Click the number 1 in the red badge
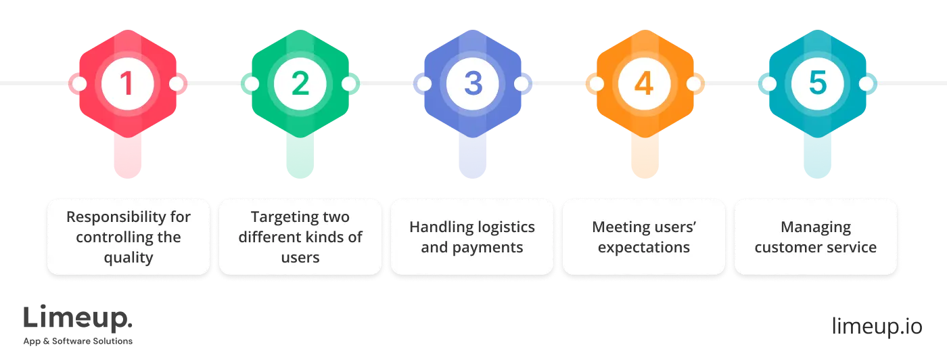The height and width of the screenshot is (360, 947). pyautogui.click(x=127, y=84)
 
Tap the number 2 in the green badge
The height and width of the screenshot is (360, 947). pyautogui.click(x=300, y=84)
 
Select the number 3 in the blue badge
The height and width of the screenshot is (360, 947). pyautogui.click(x=472, y=84)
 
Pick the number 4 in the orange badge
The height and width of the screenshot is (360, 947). pyautogui.click(x=644, y=84)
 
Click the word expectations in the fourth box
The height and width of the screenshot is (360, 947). pyautogui.click(x=644, y=247)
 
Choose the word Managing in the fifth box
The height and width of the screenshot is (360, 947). pyautogui.click(x=816, y=227)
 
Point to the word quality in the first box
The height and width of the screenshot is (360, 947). pyautogui.click(x=129, y=258)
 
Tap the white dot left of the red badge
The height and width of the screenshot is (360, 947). pyautogui.click(x=78, y=84)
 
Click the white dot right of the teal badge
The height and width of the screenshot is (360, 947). pyautogui.click(x=866, y=84)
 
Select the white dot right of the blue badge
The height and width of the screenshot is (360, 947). pyautogui.click(x=522, y=84)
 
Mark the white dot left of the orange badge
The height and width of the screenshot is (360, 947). pyautogui.click(x=595, y=84)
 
